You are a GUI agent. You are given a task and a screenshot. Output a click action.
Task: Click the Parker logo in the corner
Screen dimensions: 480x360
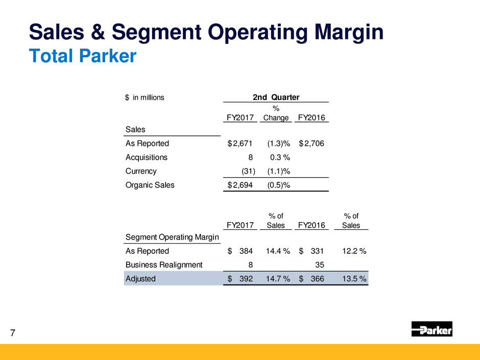tap(431, 329)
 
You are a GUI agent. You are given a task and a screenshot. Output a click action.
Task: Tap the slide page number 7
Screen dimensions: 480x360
tap(13, 333)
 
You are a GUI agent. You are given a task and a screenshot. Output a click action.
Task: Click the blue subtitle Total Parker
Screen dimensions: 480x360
tap(83, 56)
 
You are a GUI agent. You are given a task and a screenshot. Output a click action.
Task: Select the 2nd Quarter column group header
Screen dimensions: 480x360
tap(276, 98)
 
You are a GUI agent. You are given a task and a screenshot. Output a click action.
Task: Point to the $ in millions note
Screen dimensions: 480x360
tap(145, 98)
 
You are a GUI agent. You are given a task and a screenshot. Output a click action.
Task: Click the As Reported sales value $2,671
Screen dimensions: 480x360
tap(240, 143)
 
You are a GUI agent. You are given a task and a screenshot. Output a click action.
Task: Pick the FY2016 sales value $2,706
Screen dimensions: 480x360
tap(311, 143)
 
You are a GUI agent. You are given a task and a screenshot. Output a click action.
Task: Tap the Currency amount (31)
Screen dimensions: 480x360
tap(248, 171)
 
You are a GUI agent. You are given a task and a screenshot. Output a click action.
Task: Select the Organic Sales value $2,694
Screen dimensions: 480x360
tap(240, 185)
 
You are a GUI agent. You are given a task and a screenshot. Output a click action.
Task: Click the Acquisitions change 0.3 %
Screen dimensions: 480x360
tap(280, 157)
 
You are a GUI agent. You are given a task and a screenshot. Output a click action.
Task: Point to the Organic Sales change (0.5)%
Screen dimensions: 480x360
tap(279, 185)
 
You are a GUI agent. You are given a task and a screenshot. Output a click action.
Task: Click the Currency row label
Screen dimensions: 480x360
tap(141, 171)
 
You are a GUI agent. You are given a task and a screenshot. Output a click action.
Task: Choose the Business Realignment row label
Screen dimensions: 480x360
tap(164, 265)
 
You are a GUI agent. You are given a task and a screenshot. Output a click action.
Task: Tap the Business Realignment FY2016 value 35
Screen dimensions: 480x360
tap(320, 265)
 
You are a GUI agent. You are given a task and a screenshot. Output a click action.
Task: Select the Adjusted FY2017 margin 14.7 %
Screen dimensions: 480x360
tap(278, 279)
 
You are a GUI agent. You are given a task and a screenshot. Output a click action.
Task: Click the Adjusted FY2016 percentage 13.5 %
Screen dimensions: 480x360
tap(354, 279)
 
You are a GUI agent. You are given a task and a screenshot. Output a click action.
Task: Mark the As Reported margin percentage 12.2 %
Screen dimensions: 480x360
tap(354, 251)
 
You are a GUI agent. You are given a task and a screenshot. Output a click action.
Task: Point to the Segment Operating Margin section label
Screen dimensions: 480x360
tap(172, 237)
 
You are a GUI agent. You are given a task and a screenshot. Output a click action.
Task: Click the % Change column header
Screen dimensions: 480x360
tap(276, 113)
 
